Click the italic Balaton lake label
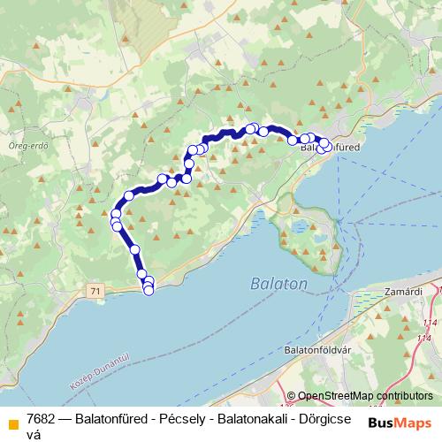[278, 285]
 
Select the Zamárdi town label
[404, 291]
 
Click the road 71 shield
[95, 291]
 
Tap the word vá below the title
[34, 434]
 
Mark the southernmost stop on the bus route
[149, 291]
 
